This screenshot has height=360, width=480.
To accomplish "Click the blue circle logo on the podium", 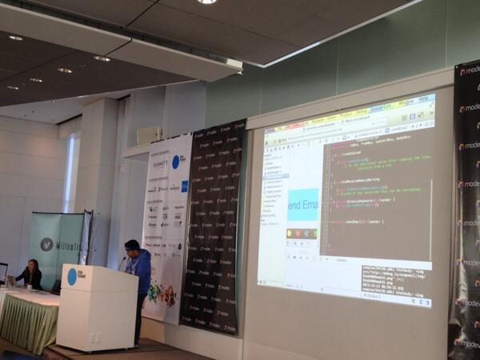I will (72, 277).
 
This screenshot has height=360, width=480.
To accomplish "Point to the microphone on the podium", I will (122, 262).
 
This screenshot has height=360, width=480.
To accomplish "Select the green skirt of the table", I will (28, 320).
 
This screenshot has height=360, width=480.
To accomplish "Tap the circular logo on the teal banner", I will (46, 245).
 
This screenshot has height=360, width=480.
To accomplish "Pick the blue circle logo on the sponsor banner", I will (175, 162).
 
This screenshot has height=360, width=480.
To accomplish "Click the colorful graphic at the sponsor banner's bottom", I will (161, 294).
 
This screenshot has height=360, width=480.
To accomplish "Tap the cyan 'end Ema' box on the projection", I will (303, 205).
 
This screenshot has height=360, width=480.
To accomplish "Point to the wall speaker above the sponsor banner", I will (150, 135).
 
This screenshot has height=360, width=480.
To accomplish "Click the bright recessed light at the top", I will (206, 2).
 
